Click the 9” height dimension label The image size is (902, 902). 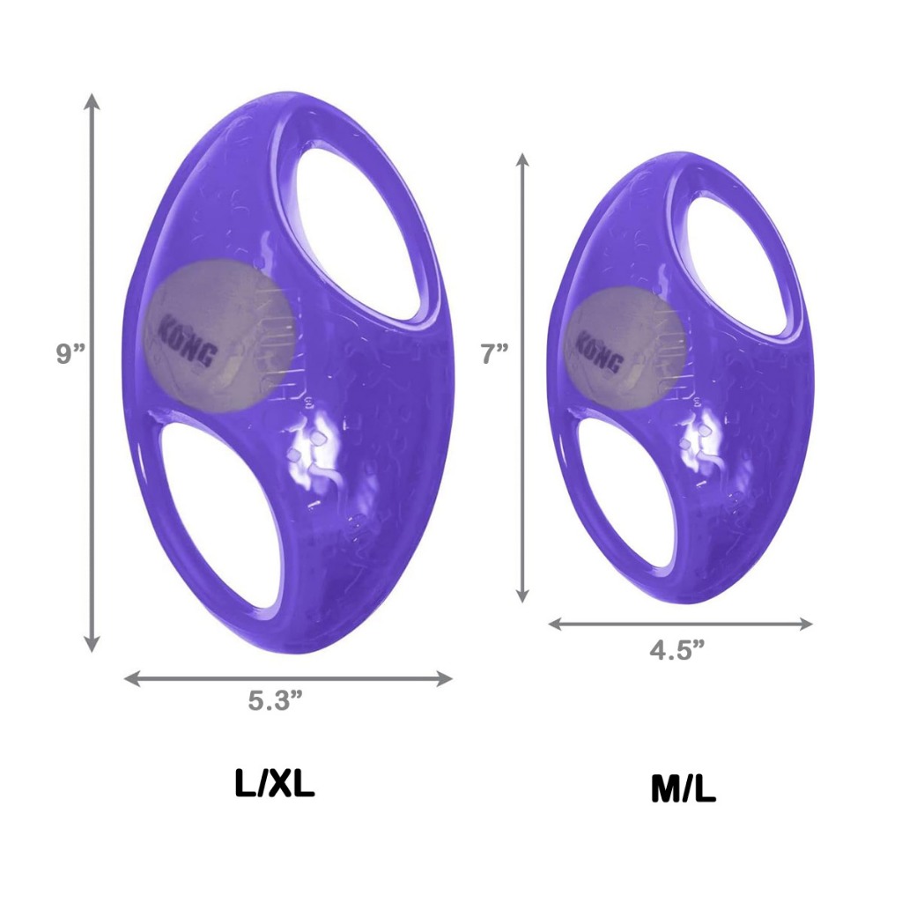click(x=70, y=353)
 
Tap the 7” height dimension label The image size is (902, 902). click(x=495, y=353)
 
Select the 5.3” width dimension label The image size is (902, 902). click(x=276, y=701)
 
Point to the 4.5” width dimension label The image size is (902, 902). click(x=677, y=650)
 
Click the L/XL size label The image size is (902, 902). click(x=275, y=783)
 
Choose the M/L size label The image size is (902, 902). click(x=684, y=790)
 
